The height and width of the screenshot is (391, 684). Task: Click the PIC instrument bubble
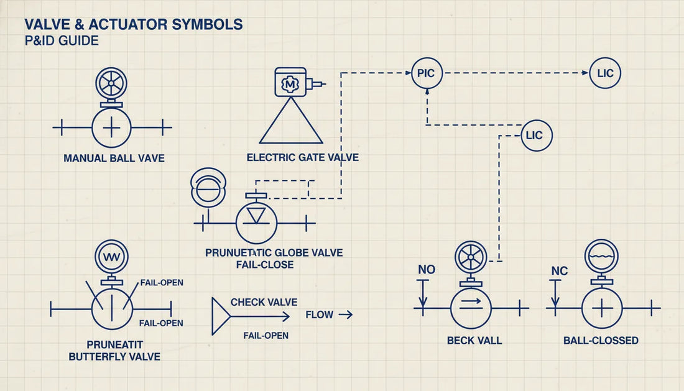coord(427,73)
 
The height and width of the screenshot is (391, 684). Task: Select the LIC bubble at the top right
coord(604,73)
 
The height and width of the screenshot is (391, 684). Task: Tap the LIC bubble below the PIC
coord(536,136)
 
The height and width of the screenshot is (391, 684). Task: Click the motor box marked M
coord(290,82)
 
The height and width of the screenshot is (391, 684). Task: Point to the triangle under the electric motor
coord(290,124)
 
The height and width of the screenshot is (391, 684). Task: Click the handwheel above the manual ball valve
coord(111,83)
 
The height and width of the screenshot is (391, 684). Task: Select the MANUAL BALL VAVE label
coord(114,159)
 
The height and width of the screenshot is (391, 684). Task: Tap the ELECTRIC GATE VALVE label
coord(302,158)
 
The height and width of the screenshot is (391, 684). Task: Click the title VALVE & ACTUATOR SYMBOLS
coord(133,25)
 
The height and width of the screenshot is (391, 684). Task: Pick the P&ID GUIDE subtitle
coord(61,41)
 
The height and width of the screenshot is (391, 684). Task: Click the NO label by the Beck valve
coord(427,270)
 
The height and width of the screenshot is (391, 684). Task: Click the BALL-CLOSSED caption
coord(601,341)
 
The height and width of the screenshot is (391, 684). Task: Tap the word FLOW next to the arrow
coord(320,315)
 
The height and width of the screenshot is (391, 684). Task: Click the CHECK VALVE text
coord(264,302)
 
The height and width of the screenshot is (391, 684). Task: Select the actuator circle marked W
coord(111,256)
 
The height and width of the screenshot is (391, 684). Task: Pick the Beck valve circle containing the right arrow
coord(471,308)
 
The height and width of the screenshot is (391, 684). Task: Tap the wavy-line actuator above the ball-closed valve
coord(601,256)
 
